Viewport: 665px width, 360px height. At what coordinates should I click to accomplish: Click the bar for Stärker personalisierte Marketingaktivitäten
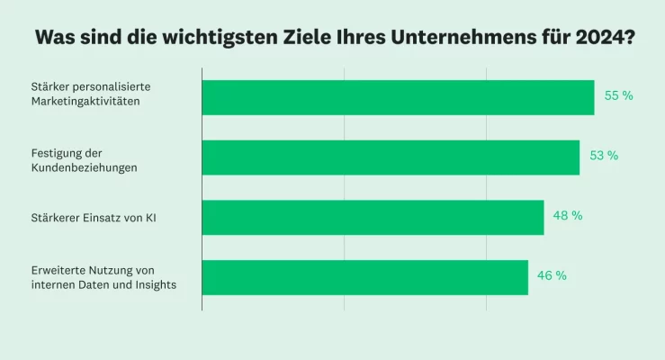tap(398, 97)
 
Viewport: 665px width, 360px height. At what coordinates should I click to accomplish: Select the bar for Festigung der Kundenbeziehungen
tap(391, 157)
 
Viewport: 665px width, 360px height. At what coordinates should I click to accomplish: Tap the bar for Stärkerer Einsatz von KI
tap(373, 217)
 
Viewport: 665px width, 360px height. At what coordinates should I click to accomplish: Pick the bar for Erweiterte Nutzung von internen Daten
tap(364, 277)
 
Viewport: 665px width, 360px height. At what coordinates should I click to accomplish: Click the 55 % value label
tap(618, 95)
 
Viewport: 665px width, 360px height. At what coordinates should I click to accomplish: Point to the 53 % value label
tap(604, 156)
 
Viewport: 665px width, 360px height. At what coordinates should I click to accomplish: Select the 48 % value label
tap(568, 216)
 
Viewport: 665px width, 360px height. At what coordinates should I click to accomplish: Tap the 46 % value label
tap(552, 276)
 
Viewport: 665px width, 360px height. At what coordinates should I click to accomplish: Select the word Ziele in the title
tap(292, 39)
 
